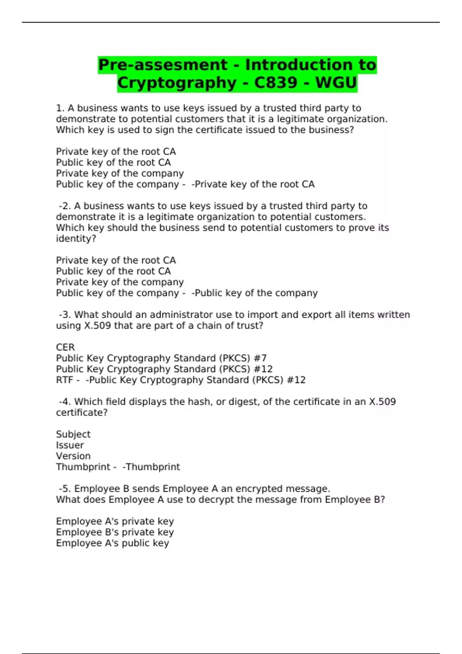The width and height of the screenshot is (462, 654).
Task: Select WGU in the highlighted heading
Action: click(336, 83)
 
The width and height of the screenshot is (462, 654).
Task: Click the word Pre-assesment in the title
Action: click(163, 65)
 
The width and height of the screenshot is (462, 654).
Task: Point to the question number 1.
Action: click(60, 108)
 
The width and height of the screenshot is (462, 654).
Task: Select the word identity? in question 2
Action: click(76, 239)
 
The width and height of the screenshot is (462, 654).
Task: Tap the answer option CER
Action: click(65, 347)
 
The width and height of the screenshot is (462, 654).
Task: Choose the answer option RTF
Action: click(64, 380)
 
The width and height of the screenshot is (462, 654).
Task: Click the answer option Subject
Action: click(73, 434)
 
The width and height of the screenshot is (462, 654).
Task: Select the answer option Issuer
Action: click(70, 445)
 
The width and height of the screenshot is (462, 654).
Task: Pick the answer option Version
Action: click(73, 456)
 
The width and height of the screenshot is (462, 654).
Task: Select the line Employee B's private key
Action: click(115, 532)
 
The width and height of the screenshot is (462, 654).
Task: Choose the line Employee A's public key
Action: click(112, 543)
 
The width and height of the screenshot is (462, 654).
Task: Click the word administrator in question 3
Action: click(181, 315)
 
